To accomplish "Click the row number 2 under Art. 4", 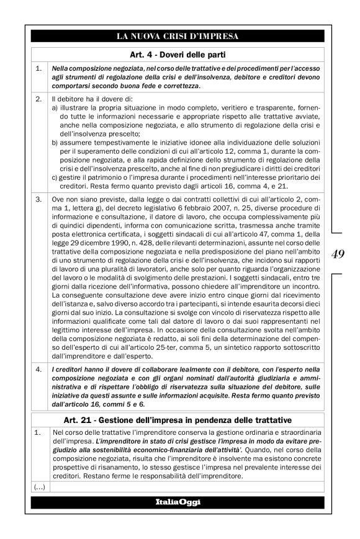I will (38, 99).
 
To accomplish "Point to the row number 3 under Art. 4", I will (38, 200).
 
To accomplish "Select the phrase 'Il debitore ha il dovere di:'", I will (90, 99).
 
